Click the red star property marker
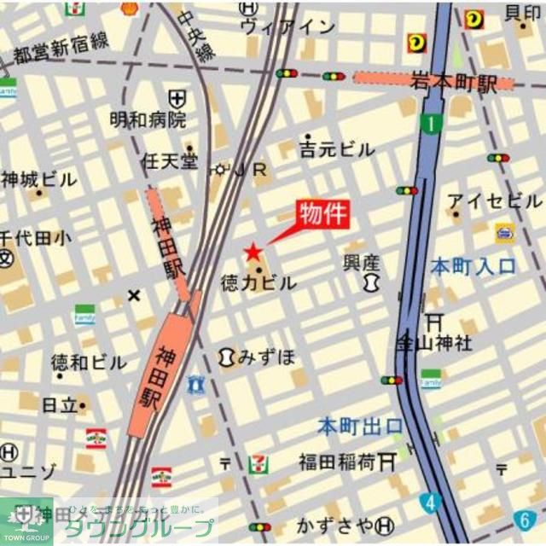click(253, 252)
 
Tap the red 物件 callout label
click(323, 213)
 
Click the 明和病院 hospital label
click(148, 119)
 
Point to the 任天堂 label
click(170, 160)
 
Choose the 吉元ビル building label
click(337, 149)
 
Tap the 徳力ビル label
click(258, 282)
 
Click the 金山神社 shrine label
click(433, 344)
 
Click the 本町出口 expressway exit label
click(360, 425)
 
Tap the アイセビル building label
click(495, 201)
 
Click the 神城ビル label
click(38, 180)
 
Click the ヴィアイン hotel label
click(288, 26)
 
